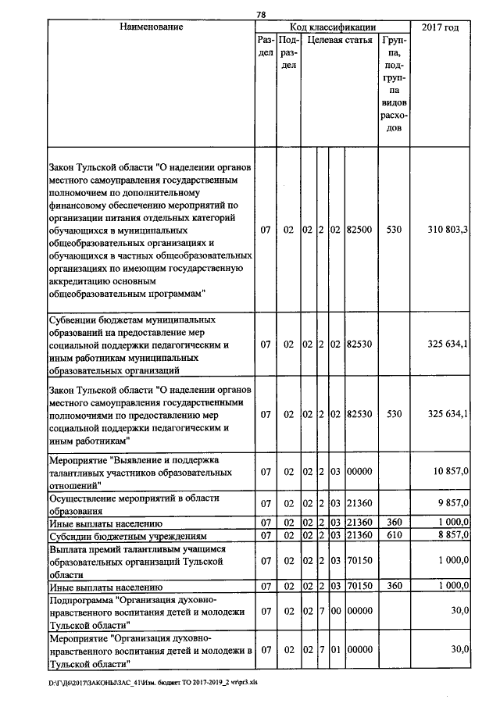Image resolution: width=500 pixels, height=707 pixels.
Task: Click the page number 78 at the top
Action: coord(262,14)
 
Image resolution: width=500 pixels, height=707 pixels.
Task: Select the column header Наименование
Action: coord(151,28)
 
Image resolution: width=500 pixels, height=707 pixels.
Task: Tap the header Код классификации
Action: coord(332,28)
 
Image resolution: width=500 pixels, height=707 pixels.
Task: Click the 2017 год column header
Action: coord(440,28)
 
